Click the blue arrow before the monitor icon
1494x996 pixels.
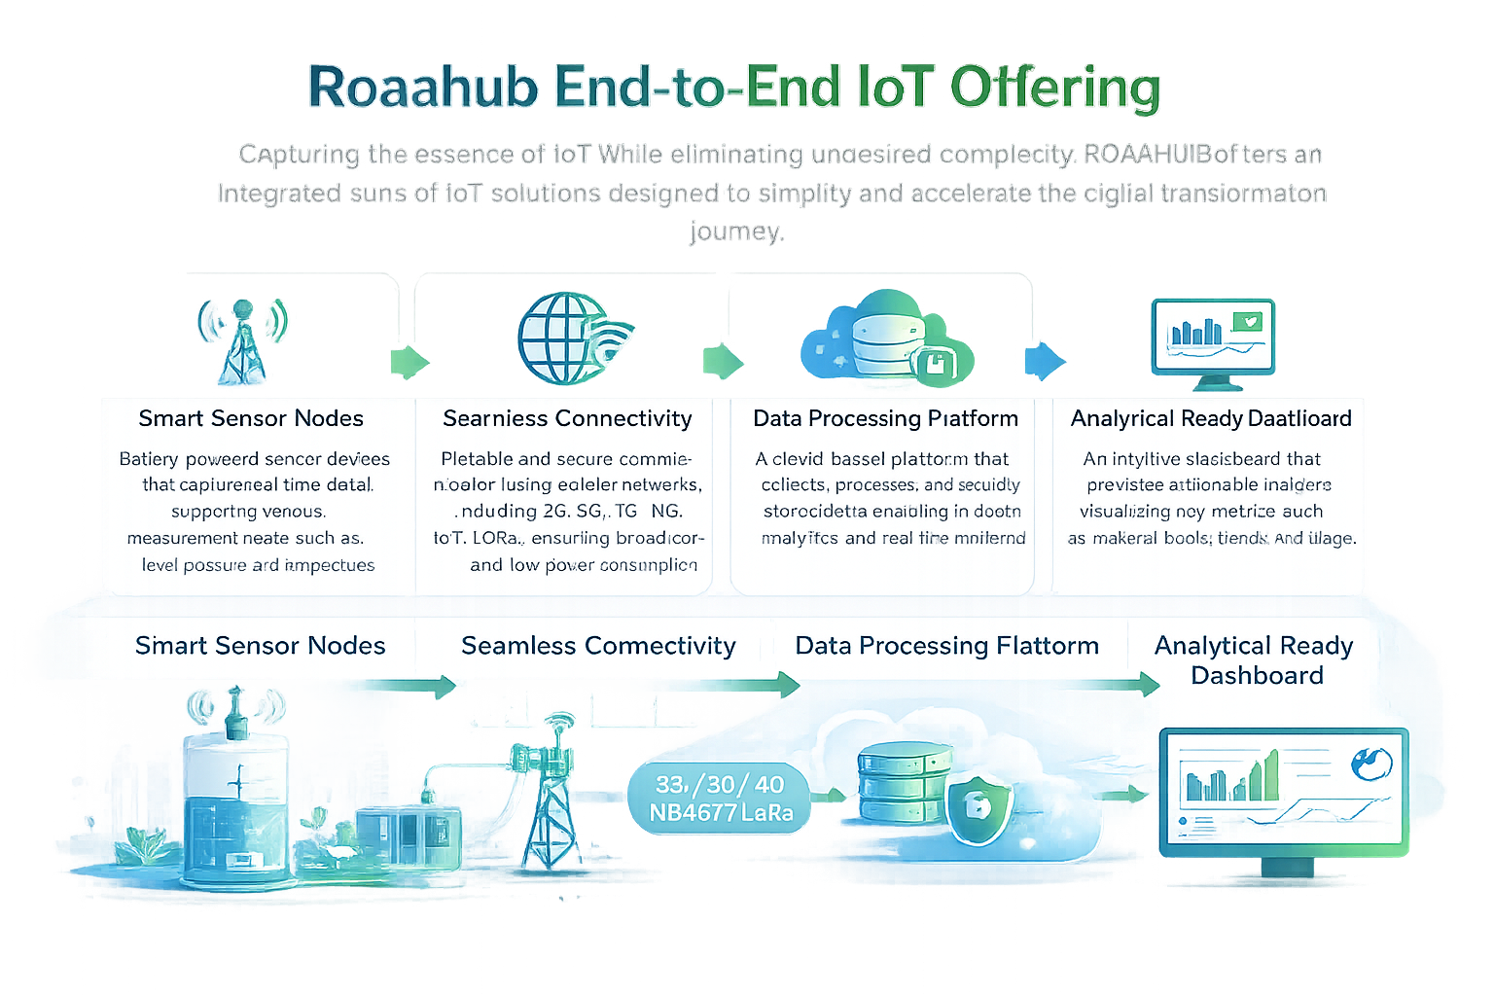(x=1045, y=360)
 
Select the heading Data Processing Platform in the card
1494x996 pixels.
(x=885, y=418)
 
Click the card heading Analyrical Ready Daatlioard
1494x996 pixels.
(x=1211, y=418)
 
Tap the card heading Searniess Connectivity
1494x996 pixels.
(x=567, y=418)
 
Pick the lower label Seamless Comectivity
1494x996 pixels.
(x=598, y=646)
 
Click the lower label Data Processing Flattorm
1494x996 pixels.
(x=946, y=646)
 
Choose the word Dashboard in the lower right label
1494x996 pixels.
(x=1257, y=675)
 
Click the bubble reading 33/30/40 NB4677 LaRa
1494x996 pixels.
(x=720, y=799)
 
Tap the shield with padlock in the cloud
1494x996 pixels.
(x=978, y=805)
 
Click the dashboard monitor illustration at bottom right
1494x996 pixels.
(x=1284, y=793)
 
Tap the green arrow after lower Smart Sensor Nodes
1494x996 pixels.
(x=404, y=686)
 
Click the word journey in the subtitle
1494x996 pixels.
(x=735, y=231)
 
